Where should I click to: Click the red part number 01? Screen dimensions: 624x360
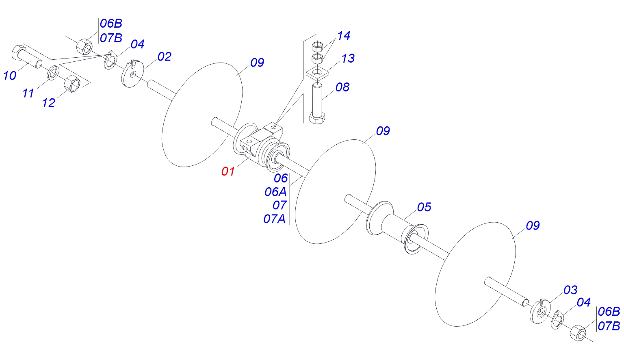(x=228, y=171)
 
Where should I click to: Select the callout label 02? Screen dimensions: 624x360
(x=164, y=57)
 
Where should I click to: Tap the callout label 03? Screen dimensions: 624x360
(x=570, y=290)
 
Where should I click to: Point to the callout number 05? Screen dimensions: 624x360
(x=424, y=207)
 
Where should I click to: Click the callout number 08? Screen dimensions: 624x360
(x=342, y=87)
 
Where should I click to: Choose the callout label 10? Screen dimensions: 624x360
(x=10, y=76)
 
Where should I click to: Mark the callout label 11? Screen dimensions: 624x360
(x=28, y=93)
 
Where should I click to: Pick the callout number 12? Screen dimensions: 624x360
(x=48, y=103)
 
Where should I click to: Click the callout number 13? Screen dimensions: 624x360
(x=348, y=59)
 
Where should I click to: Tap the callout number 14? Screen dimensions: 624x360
(x=344, y=36)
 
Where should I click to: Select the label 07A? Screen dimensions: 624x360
(x=275, y=219)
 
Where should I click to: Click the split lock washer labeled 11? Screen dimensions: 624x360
(x=53, y=72)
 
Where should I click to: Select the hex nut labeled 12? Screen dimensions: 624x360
(x=72, y=83)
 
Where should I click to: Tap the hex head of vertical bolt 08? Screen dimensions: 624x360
(x=317, y=118)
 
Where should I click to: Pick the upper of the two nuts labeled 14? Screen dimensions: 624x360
(x=317, y=46)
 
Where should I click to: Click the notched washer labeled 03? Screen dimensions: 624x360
(x=540, y=311)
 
